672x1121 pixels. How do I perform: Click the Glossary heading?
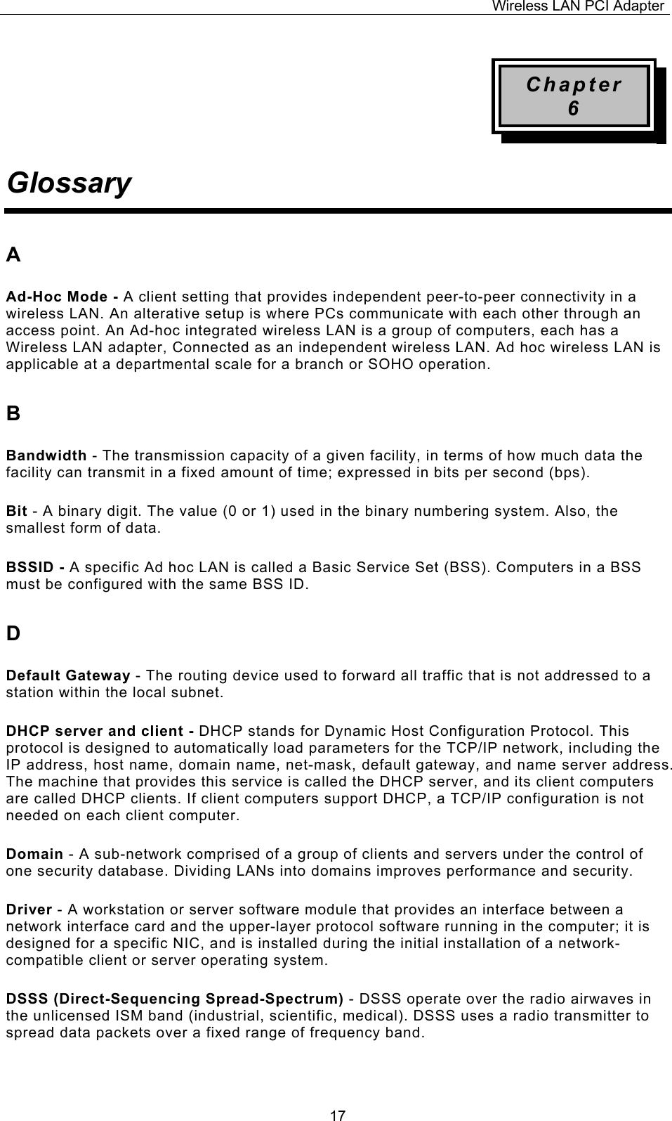coord(69,184)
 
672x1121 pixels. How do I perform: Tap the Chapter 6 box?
coord(574,96)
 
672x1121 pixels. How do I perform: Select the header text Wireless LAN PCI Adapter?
coord(577,6)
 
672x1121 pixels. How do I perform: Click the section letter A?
coord(13,255)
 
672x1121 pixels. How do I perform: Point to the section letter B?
coord(13,414)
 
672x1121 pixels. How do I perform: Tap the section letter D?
coord(13,634)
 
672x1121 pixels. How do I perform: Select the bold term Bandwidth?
coord(46,455)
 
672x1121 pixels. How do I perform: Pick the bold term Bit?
coord(17,511)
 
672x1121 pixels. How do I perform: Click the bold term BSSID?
coord(32,567)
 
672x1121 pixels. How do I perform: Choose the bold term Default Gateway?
coord(68,676)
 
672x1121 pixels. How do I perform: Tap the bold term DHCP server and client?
coord(100,732)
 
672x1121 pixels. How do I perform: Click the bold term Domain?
coord(34,855)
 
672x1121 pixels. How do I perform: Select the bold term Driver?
coord(29,910)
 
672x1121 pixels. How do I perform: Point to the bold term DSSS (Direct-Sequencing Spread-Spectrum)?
coord(175,999)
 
